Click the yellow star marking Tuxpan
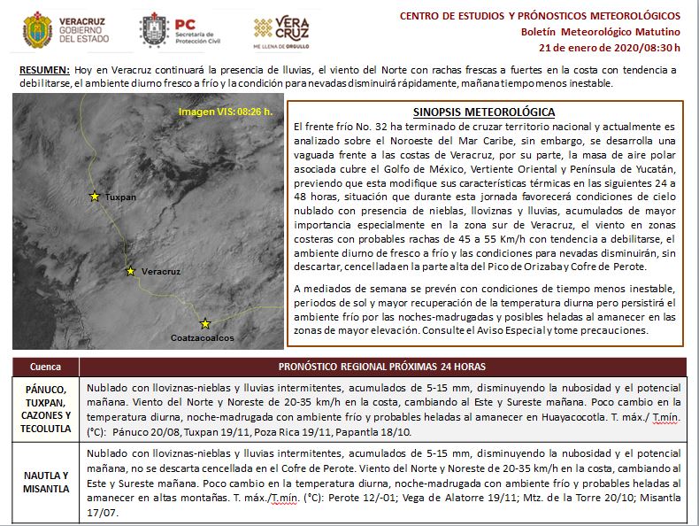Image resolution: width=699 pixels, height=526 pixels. click(x=95, y=196)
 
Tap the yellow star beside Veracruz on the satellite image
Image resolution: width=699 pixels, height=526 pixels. click(x=131, y=271)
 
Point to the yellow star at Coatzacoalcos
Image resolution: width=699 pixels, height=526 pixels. click(x=205, y=323)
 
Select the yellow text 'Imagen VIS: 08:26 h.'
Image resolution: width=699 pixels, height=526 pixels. click(x=225, y=112)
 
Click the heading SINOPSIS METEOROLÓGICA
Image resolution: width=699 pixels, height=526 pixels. click(x=484, y=112)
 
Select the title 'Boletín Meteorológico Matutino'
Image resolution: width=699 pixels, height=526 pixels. click(x=601, y=31)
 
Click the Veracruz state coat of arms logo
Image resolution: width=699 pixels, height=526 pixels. click(x=36, y=29)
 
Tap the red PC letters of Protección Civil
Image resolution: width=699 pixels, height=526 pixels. click(x=186, y=24)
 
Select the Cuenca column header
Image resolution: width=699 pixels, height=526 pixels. click(x=45, y=367)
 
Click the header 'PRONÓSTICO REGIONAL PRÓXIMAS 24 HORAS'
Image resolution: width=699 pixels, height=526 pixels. click(x=381, y=367)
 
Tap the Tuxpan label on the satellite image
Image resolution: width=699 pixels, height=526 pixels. click(x=120, y=197)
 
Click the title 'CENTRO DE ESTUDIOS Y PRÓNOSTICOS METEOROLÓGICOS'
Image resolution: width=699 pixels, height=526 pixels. click(x=541, y=16)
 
